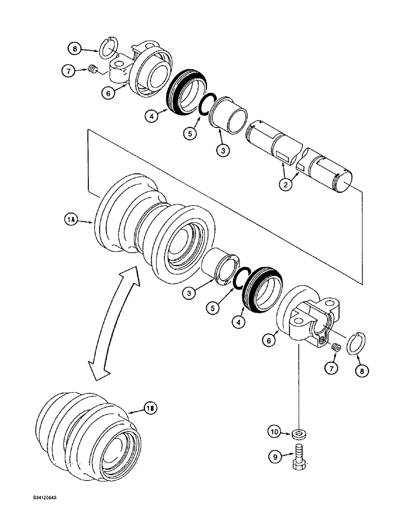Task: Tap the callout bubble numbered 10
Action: pyautogui.click(x=274, y=431)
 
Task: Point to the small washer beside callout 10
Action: pyautogui.click(x=298, y=432)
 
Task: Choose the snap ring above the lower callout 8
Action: pyautogui.click(x=356, y=343)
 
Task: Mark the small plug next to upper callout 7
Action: pyautogui.click(x=93, y=70)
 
